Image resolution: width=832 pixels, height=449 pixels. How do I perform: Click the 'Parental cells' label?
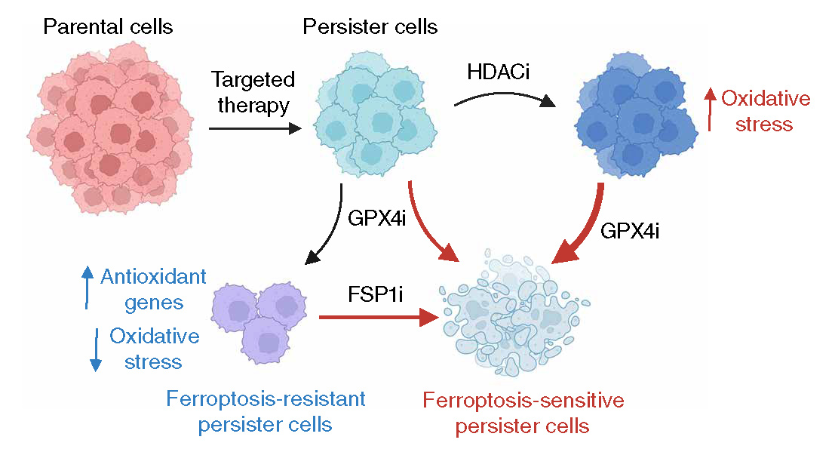[x=108, y=27]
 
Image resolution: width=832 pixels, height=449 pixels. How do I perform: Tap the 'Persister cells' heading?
[x=370, y=27]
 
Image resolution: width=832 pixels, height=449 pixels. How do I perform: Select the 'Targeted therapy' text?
[x=253, y=92]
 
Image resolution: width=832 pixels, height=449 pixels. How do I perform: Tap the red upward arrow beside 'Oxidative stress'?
[x=708, y=109]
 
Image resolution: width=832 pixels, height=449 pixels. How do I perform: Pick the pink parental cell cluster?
[x=108, y=125]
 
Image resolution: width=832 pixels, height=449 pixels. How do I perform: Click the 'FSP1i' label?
[x=374, y=294]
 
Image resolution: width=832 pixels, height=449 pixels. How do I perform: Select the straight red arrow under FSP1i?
[x=377, y=317]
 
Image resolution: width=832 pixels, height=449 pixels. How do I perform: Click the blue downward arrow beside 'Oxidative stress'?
[x=95, y=350]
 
